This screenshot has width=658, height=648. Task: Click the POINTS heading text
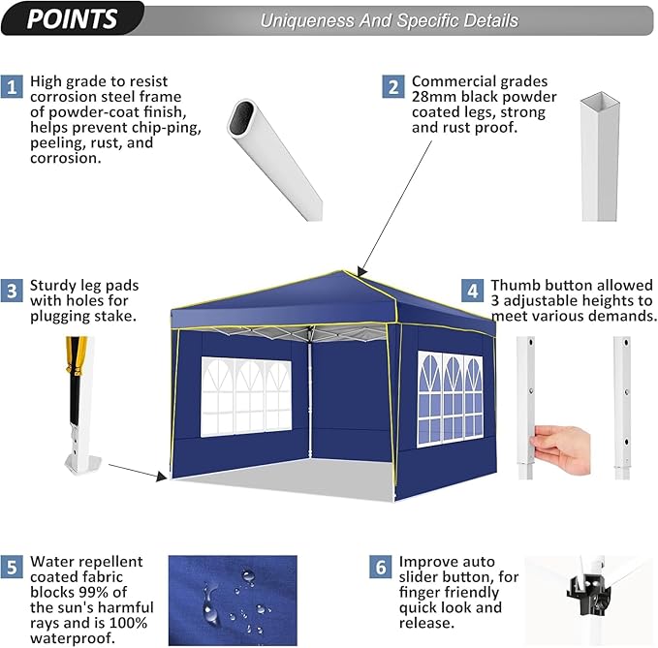(73, 18)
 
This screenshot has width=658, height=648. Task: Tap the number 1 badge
(12, 85)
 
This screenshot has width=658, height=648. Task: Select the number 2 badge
(392, 86)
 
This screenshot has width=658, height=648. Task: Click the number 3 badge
(12, 289)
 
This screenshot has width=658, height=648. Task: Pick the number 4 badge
(472, 290)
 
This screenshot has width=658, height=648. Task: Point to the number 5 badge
(12, 566)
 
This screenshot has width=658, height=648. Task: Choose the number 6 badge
(381, 566)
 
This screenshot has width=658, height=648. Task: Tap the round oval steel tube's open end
(241, 117)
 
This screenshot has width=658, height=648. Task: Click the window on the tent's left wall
(245, 395)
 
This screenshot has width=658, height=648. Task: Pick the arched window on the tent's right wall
(450, 397)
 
